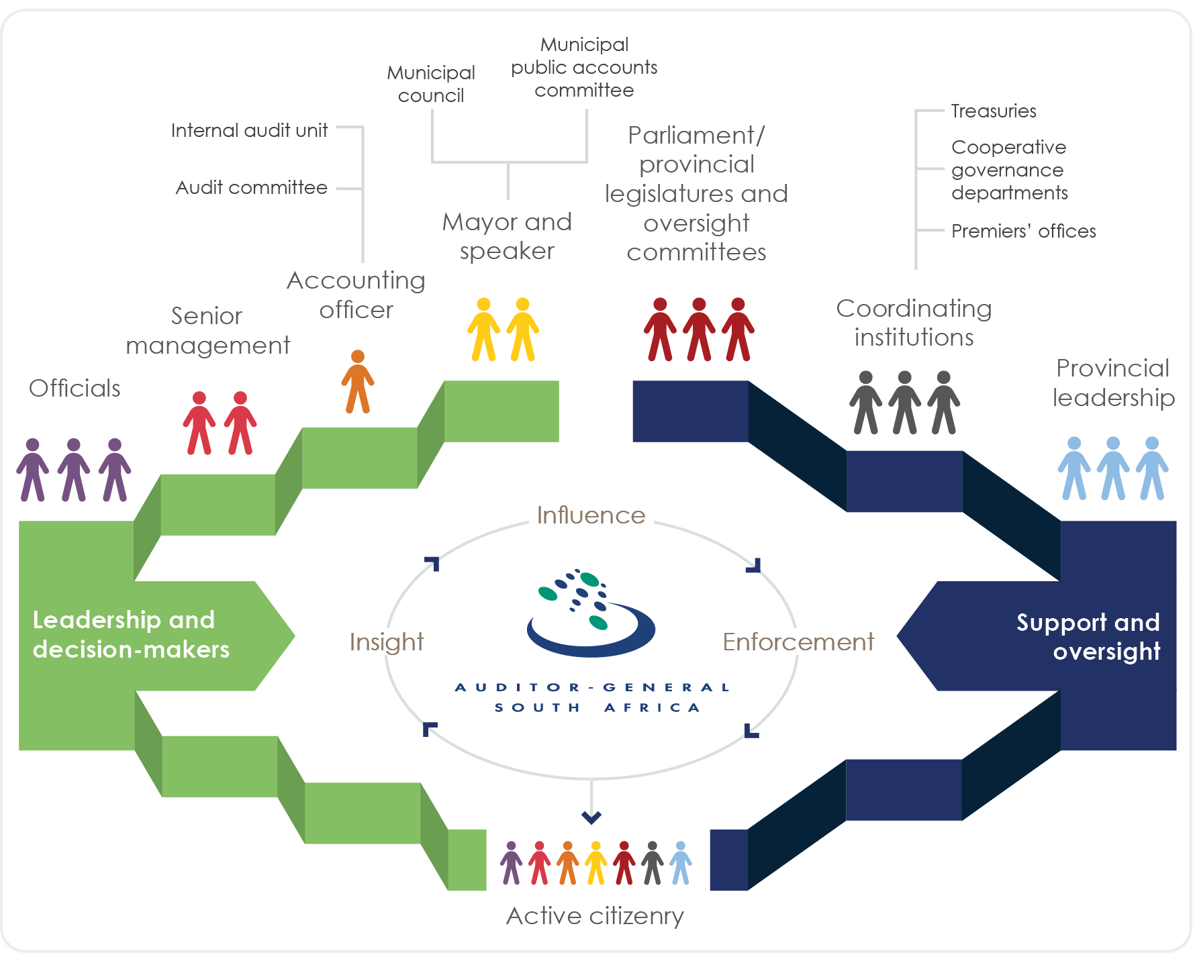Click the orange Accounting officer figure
tap(358, 381)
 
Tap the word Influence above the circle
tap(591, 515)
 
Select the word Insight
tap(387, 642)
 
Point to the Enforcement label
tap(798, 642)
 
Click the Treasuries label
tap(993, 111)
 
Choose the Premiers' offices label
tap(1023, 232)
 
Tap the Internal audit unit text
tap(249, 130)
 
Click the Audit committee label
tap(251, 188)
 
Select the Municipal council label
tap(430, 84)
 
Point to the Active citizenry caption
tap(595, 916)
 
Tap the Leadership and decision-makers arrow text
tap(131, 635)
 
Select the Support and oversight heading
tap(1088, 636)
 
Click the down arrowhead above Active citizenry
tap(591, 817)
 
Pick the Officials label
tap(75, 389)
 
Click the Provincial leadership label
tap(1113, 383)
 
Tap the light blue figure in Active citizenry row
tap(680, 863)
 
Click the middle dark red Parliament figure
tap(699, 330)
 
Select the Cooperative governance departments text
tap(1009, 170)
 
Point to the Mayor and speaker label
tap(507, 236)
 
